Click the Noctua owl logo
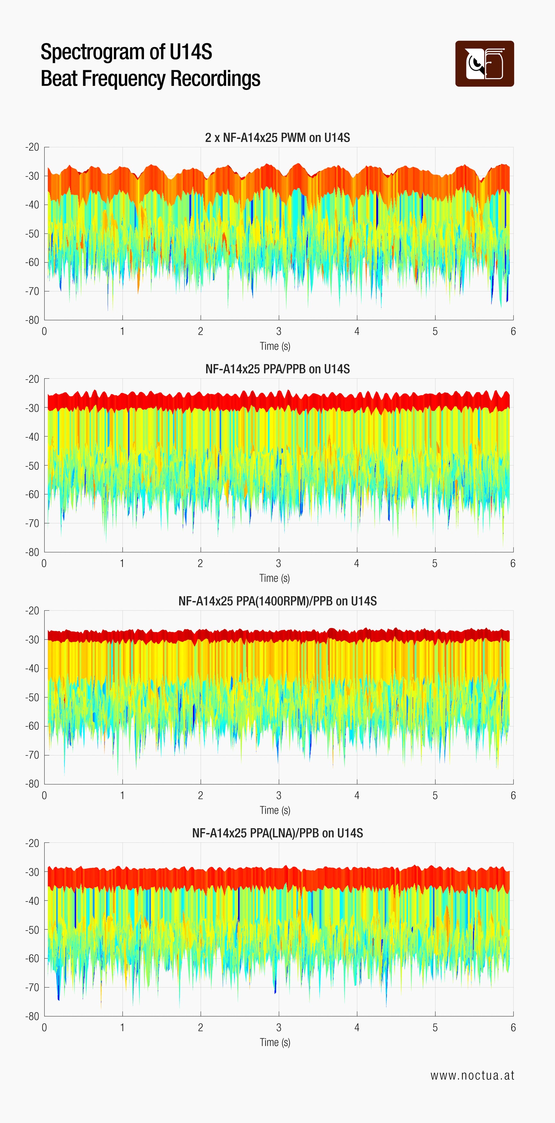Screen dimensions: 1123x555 (x=484, y=64)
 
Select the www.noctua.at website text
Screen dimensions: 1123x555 (x=472, y=1076)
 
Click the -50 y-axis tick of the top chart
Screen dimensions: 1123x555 (x=32, y=234)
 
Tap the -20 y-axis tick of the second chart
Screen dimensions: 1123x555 (x=32, y=379)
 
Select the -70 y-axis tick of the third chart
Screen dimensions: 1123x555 (x=32, y=755)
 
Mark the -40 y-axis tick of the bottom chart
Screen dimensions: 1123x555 (x=32, y=901)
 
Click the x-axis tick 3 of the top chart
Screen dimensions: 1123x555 (x=279, y=331)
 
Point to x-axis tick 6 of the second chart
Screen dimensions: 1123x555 (x=513, y=563)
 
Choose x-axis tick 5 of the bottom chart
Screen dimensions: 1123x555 (x=435, y=1027)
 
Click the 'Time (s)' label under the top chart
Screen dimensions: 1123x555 (x=275, y=346)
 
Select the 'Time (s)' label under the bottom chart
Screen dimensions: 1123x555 (x=275, y=1042)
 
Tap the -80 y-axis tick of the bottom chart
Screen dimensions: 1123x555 (x=32, y=1016)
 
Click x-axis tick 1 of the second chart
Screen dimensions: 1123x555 (x=122, y=563)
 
